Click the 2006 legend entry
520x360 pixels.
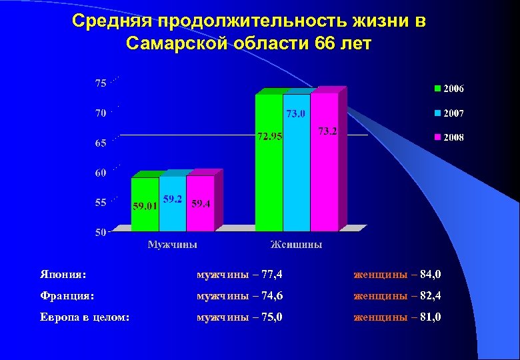tap(450, 88)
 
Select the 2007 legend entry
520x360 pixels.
tap(450, 113)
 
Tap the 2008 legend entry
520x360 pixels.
tap(450, 137)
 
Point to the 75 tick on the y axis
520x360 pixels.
tap(101, 83)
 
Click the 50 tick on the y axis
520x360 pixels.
tap(101, 233)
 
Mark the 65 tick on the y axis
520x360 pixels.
tap(101, 143)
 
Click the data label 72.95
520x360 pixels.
tap(270, 137)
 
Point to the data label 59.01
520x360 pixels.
tap(145, 205)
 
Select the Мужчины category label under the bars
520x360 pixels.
tap(172, 245)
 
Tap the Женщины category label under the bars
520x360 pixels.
tap(297, 245)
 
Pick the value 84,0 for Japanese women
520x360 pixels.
tap(428, 273)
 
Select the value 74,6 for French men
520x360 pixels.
tap(269, 295)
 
